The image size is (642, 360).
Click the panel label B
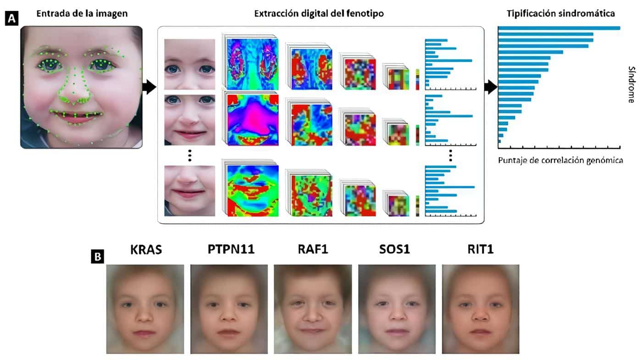(98, 256)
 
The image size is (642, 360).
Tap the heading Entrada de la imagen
(82, 14)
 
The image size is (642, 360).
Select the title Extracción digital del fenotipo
(319, 14)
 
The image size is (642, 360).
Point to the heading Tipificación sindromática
(560, 14)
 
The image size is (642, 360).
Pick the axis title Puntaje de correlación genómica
(560, 161)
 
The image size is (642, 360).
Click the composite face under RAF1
(312, 309)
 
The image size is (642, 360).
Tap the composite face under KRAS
(145, 309)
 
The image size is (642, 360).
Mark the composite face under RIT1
(481, 309)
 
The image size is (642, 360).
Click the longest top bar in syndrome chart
(559, 28)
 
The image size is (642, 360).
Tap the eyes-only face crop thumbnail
(190, 64)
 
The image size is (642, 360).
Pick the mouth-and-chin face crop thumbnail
(190, 191)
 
